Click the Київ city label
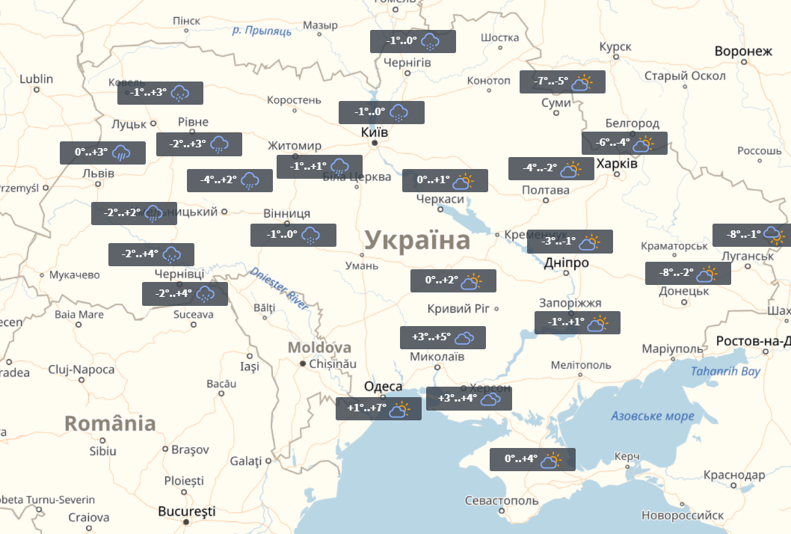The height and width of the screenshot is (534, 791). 374,131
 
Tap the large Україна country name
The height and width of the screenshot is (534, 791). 417,241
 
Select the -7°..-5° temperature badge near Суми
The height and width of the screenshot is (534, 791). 562,82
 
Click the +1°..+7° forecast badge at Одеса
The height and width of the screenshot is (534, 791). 378,409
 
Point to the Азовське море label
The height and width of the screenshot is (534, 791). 652,416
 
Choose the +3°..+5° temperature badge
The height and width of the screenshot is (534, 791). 443,338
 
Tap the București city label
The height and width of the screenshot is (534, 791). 187,512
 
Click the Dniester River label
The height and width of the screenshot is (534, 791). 279,289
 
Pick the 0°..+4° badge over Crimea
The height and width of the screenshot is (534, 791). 532,460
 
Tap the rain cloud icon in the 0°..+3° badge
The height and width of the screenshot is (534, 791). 122,153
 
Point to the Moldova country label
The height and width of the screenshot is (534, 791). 319,348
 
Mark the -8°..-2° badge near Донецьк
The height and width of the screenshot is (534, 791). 688,274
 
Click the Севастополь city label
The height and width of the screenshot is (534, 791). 500,500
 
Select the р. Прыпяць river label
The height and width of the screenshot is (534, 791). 261,31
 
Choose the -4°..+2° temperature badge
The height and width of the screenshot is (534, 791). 229,180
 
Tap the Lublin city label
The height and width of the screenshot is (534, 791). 37,79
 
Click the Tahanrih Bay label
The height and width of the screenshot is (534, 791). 724,372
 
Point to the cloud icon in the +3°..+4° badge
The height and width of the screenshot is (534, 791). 490,399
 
